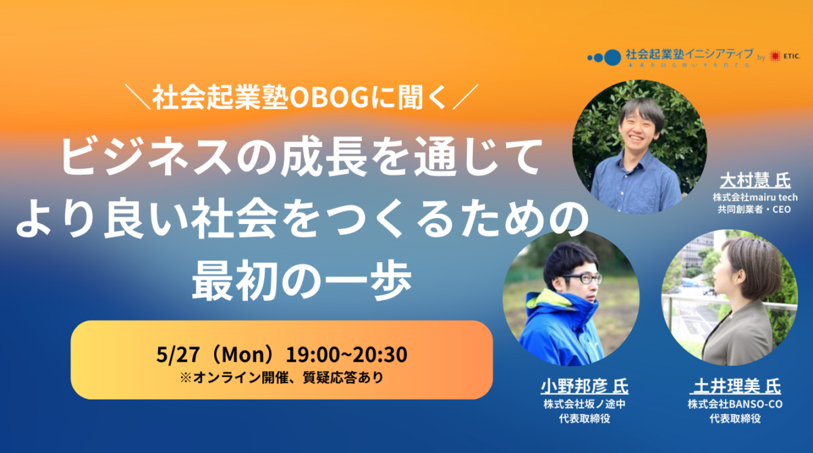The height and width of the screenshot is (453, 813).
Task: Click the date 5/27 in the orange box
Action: [x=171, y=355]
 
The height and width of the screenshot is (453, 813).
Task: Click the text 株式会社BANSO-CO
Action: [x=735, y=405]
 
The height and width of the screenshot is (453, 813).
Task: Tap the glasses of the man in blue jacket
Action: [x=581, y=278]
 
